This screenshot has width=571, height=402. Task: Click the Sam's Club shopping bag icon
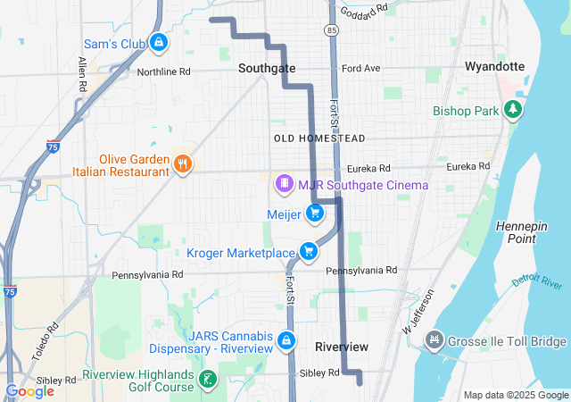click(158, 42)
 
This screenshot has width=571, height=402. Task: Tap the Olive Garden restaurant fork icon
click(183, 163)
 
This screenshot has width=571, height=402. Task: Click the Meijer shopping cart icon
click(314, 214)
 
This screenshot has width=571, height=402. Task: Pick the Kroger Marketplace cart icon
click(309, 251)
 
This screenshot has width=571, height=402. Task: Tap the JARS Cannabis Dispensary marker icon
click(286, 340)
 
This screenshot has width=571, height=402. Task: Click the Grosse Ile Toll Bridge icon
click(434, 341)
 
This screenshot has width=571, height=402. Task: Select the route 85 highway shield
click(332, 29)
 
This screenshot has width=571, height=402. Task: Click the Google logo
click(29, 390)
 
